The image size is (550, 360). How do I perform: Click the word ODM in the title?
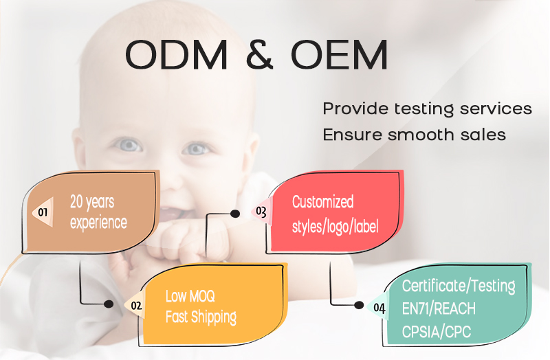coord(177,55)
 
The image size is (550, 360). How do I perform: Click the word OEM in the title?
coord(339,55)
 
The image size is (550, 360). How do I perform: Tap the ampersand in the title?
coord(260,55)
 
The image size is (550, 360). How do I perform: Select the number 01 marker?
coord(43,212)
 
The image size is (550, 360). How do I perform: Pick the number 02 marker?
coord(136,306)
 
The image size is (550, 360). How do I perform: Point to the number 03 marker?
coord(261,212)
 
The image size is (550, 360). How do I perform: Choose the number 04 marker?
coord(379,308)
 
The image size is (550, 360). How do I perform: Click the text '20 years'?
coord(92,202)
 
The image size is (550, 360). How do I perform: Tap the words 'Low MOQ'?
coord(190,296)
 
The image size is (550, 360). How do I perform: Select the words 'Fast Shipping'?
coord(201,317)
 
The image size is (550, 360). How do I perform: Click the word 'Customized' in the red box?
coord(322,202)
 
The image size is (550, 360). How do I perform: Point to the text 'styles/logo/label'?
coord(335,227)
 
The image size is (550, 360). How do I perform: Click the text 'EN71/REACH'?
coord(439,309)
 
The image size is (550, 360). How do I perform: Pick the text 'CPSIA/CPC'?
coord(437,332)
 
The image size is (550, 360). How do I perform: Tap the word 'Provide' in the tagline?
coord(355,109)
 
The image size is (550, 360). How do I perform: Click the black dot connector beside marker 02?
coord(109,304)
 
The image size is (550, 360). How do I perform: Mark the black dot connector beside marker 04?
coord(359,305)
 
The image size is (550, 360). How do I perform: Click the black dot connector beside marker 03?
coord(235,214)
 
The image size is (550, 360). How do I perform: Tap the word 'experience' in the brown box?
coord(98,223)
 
